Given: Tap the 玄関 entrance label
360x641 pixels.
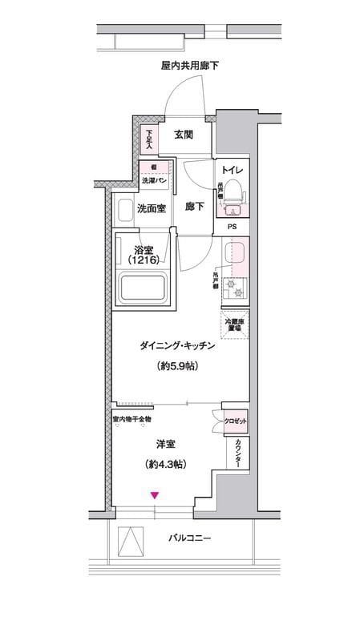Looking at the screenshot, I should pyautogui.click(x=183, y=135).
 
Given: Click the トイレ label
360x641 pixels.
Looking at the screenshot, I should pyautogui.click(x=233, y=170).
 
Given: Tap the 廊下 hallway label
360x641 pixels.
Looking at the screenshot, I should pyautogui.click(x=194, y=207).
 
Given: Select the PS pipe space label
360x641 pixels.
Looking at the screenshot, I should pyautogui.click(x=232, y=227).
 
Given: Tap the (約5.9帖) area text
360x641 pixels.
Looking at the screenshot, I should pyautogui.click(x=167, y=367).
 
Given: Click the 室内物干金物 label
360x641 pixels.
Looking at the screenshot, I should pyautogui.click(x=131, y=419).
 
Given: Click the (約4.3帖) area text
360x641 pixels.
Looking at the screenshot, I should pyautogui.click(x=167, y=464).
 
